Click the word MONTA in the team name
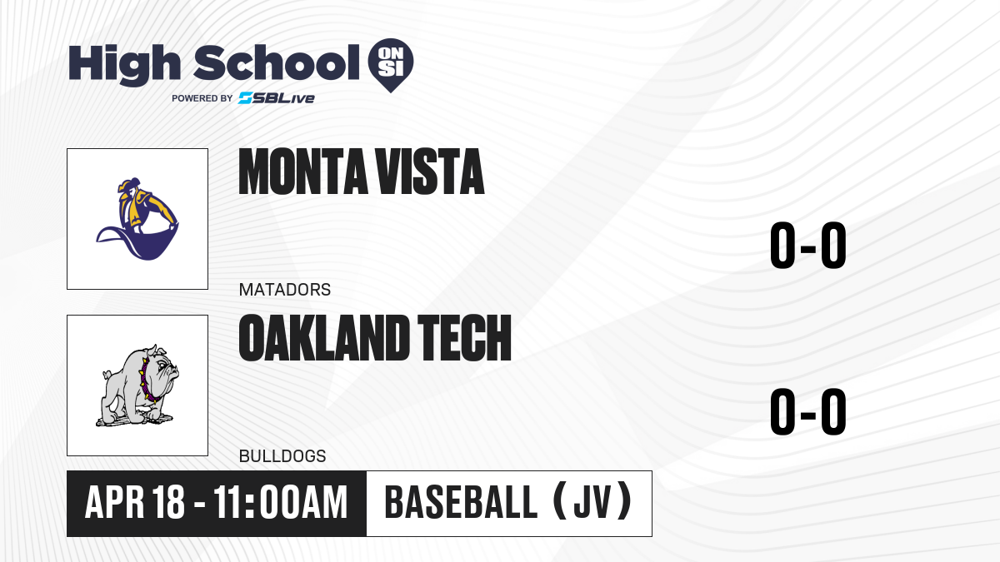pos(302,172)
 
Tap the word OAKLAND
pos(324,338)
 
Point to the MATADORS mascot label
pos(285,290)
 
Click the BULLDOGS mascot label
pos(282,456)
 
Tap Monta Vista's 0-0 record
pos(808,246)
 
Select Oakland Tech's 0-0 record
pos(808,411)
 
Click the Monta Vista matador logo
pos(137,219)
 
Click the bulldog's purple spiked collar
pos(147,381)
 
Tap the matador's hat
pos(128,184)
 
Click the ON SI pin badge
pos(391,65)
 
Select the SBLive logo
pos(277,98)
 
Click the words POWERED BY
pos(202,98)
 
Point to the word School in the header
pos(277,62)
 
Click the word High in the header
pos(125,65)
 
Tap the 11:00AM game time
pos(280,503)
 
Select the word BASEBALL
pos(461,503)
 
